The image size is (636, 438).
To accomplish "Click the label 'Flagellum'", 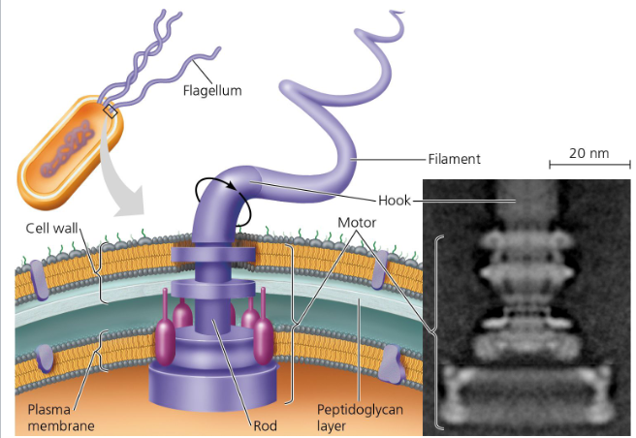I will pyautogui.click(x=212, y=91).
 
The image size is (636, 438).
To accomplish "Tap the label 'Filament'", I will pyautogui.click(x=454, y=158).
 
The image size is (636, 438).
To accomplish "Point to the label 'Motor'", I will pyautogui.click(x=357, y=222).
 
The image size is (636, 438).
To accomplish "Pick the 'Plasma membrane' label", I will pyautogui.click(x=53, y=417).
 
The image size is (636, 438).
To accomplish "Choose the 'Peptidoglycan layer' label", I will pyautogui.click(x=360, y=417).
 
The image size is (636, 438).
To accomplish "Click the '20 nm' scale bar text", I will pyautogui.click(x=588, y=153).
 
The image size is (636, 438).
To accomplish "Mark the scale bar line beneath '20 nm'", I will pyautogui.click(x=588, y=167).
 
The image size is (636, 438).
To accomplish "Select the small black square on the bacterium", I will pyautogui.click(x=111, y=112).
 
